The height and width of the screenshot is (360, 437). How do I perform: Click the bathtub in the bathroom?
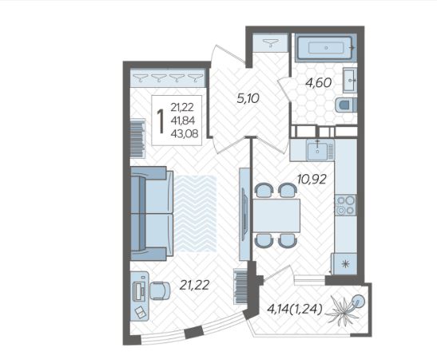326,48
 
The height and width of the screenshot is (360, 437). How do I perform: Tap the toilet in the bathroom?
346,105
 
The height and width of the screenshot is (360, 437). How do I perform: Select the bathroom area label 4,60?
318,83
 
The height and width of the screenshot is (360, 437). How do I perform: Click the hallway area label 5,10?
248,98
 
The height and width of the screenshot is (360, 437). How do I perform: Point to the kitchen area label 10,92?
312,180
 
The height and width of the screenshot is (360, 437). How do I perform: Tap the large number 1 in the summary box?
161,121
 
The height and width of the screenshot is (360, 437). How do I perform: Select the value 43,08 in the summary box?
185,134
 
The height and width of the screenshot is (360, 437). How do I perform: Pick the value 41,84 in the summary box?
182,121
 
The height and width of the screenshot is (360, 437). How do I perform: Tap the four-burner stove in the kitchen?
345,205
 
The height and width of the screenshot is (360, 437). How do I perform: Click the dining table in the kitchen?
276,216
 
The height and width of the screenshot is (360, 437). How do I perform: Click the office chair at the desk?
160,291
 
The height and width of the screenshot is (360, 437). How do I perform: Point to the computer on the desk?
139,291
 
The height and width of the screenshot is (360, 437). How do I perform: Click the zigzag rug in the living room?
196,214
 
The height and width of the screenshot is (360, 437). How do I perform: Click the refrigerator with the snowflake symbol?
344,263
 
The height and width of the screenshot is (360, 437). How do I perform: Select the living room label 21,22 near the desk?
194,285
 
